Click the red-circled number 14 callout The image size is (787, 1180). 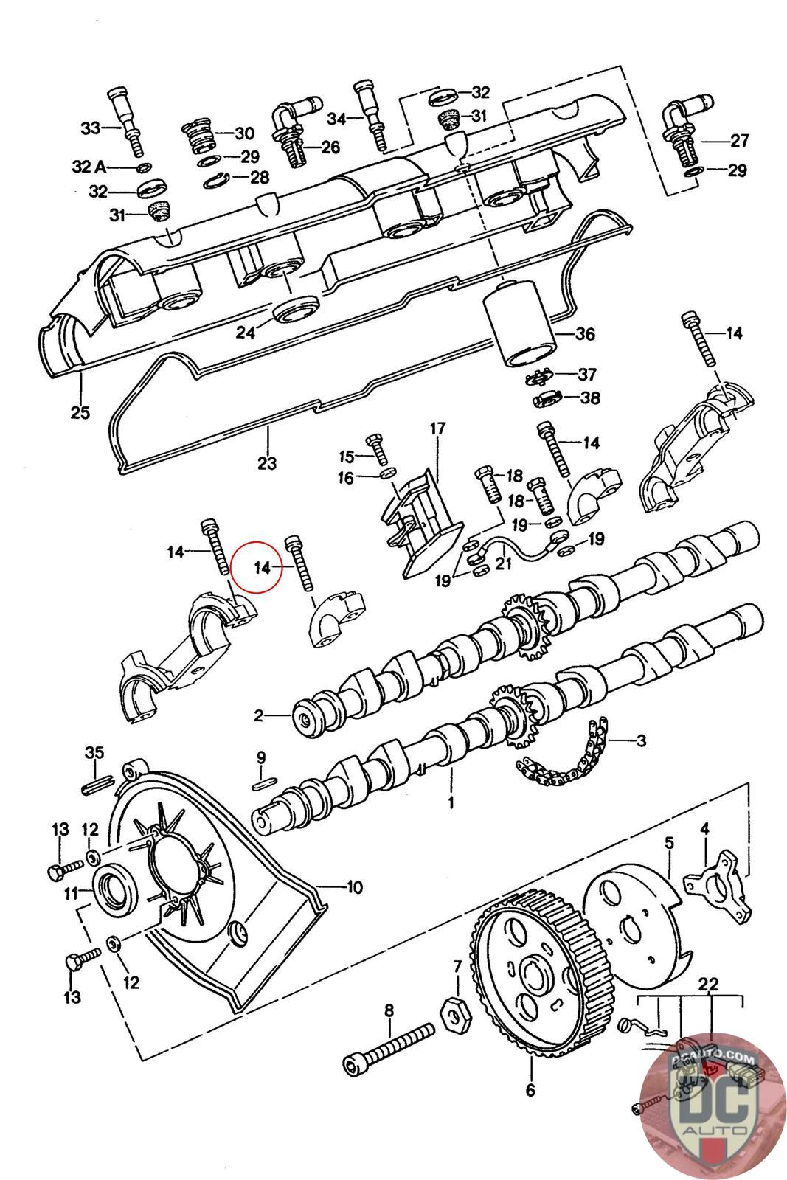click(262, 567)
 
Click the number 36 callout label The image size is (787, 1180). click(584, 333)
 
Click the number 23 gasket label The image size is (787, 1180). click(267, 462)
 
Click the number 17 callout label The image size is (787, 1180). click(437, 428)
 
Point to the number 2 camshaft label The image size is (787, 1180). click(258, 715)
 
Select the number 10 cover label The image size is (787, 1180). click(354, 886)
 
